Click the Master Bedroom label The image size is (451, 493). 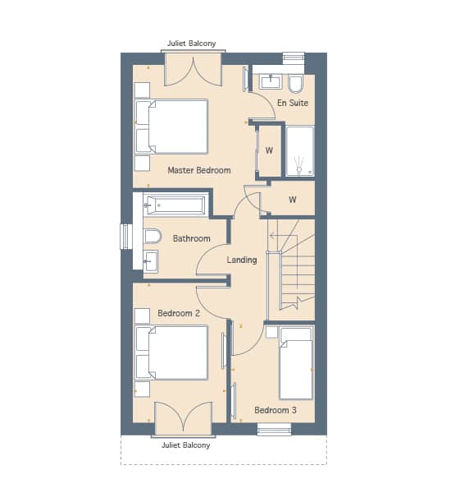coord(199,170)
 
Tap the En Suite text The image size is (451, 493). coord(293,103)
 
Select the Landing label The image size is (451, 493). coord(242,260)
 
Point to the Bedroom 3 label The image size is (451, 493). coord(276,410)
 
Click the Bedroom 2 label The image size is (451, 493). coord(179,313)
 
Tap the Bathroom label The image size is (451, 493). coord(191,238)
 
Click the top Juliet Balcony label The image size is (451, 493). coord(191,44)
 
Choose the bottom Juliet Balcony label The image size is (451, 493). coord(185,445)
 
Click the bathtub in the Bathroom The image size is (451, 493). coord(175,205)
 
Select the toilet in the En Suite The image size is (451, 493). coord(295,84)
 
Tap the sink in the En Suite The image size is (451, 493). coord(271,81)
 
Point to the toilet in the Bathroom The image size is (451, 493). coord(153,236)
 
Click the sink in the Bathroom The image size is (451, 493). coord(151,261)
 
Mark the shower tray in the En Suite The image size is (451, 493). coord(300,151)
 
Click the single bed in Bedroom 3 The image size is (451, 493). coord(296,363)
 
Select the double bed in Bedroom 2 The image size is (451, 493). coord(171,352)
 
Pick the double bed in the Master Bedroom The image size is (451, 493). coord(171,127)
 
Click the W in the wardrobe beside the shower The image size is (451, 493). coord(269,150)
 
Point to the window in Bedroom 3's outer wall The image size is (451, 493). coord(275,429)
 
